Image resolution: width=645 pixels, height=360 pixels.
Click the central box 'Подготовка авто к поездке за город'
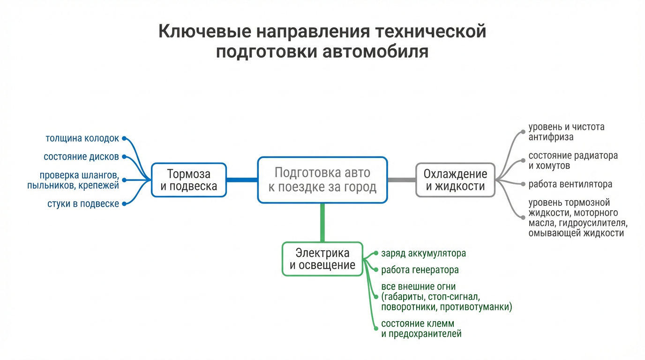point(322,180)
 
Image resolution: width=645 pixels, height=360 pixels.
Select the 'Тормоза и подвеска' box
point(188,180)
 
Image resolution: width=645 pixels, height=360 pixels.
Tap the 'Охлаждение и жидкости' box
point(455,180)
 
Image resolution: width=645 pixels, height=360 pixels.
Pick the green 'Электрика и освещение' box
point(322,259)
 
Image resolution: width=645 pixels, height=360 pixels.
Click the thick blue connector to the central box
point(242,180)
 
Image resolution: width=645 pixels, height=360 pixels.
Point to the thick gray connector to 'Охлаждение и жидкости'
point(402,180)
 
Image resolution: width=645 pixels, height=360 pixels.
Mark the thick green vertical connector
point(322,222)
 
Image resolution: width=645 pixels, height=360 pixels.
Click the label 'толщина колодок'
point(82,139)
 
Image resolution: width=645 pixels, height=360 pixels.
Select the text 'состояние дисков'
point(81,157)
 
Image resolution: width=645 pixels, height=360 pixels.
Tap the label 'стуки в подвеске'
point(83,204)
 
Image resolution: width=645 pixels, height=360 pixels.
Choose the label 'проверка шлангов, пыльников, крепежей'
point(79,180)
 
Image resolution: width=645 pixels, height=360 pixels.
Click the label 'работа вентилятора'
point(570,184)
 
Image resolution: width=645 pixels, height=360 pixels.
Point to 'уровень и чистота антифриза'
point(566,132)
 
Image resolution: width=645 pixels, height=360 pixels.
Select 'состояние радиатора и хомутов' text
point(573,160)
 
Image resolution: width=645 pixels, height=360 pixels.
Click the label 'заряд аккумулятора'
point(423,254)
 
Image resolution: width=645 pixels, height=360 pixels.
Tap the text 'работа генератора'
point(420,270)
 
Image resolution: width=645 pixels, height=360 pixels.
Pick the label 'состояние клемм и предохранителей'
point(421,329)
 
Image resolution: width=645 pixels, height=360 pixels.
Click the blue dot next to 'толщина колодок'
point(124,139)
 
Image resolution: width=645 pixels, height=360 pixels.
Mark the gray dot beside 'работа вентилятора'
point(523,184)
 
